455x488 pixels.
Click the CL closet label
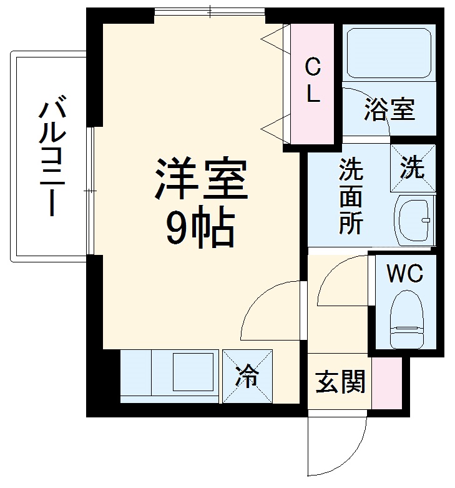[313, 81]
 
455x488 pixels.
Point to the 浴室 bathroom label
[389, 109]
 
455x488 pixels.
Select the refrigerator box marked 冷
[248, 376]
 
